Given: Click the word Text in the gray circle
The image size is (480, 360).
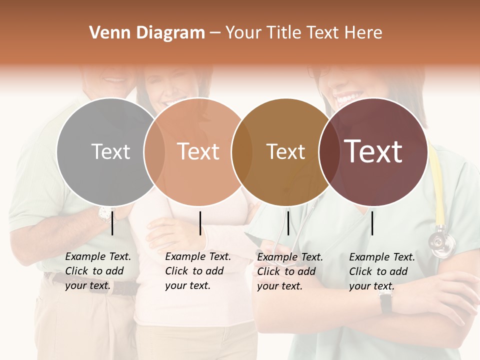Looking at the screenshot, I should tap(110, 151).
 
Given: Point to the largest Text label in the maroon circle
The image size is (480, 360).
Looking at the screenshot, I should tap(373, 151).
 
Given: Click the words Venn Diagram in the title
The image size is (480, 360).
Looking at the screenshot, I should tap(147, 33).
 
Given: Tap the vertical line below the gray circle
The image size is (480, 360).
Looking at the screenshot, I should tap(112, 223).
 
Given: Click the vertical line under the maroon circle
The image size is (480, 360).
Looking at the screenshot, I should tap(372, 223).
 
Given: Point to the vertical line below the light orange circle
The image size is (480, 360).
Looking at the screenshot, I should tap(200, 223).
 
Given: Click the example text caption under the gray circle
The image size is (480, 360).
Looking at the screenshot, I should tap(97, 271).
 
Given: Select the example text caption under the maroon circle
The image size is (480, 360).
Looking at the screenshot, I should tap(381, 271).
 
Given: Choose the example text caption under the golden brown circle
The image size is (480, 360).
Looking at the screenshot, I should tap(289, 271).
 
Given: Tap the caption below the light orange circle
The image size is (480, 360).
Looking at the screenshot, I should tap(197, 271).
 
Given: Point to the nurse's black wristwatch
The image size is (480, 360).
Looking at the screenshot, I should tap(385, 302).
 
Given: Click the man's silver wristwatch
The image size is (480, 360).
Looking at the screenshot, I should tap(105, 214).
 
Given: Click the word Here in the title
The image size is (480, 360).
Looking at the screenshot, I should tap(366, 33).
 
